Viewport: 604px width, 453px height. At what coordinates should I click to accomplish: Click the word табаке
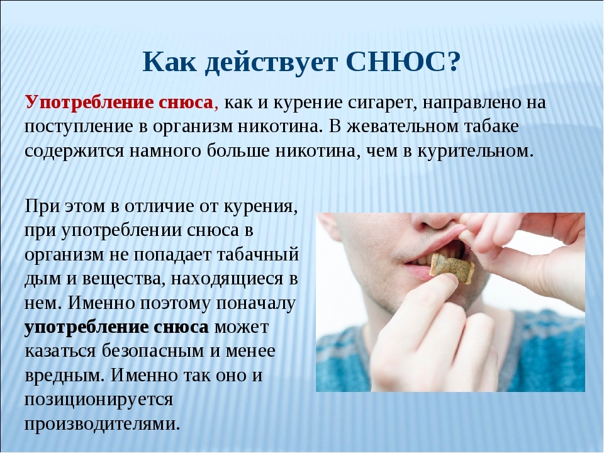pos(491,126)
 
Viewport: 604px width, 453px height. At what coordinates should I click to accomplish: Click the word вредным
pos(65,376)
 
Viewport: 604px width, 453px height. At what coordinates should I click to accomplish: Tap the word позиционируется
pos(99,400)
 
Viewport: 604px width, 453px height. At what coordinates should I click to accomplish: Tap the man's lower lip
pos(419,272)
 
